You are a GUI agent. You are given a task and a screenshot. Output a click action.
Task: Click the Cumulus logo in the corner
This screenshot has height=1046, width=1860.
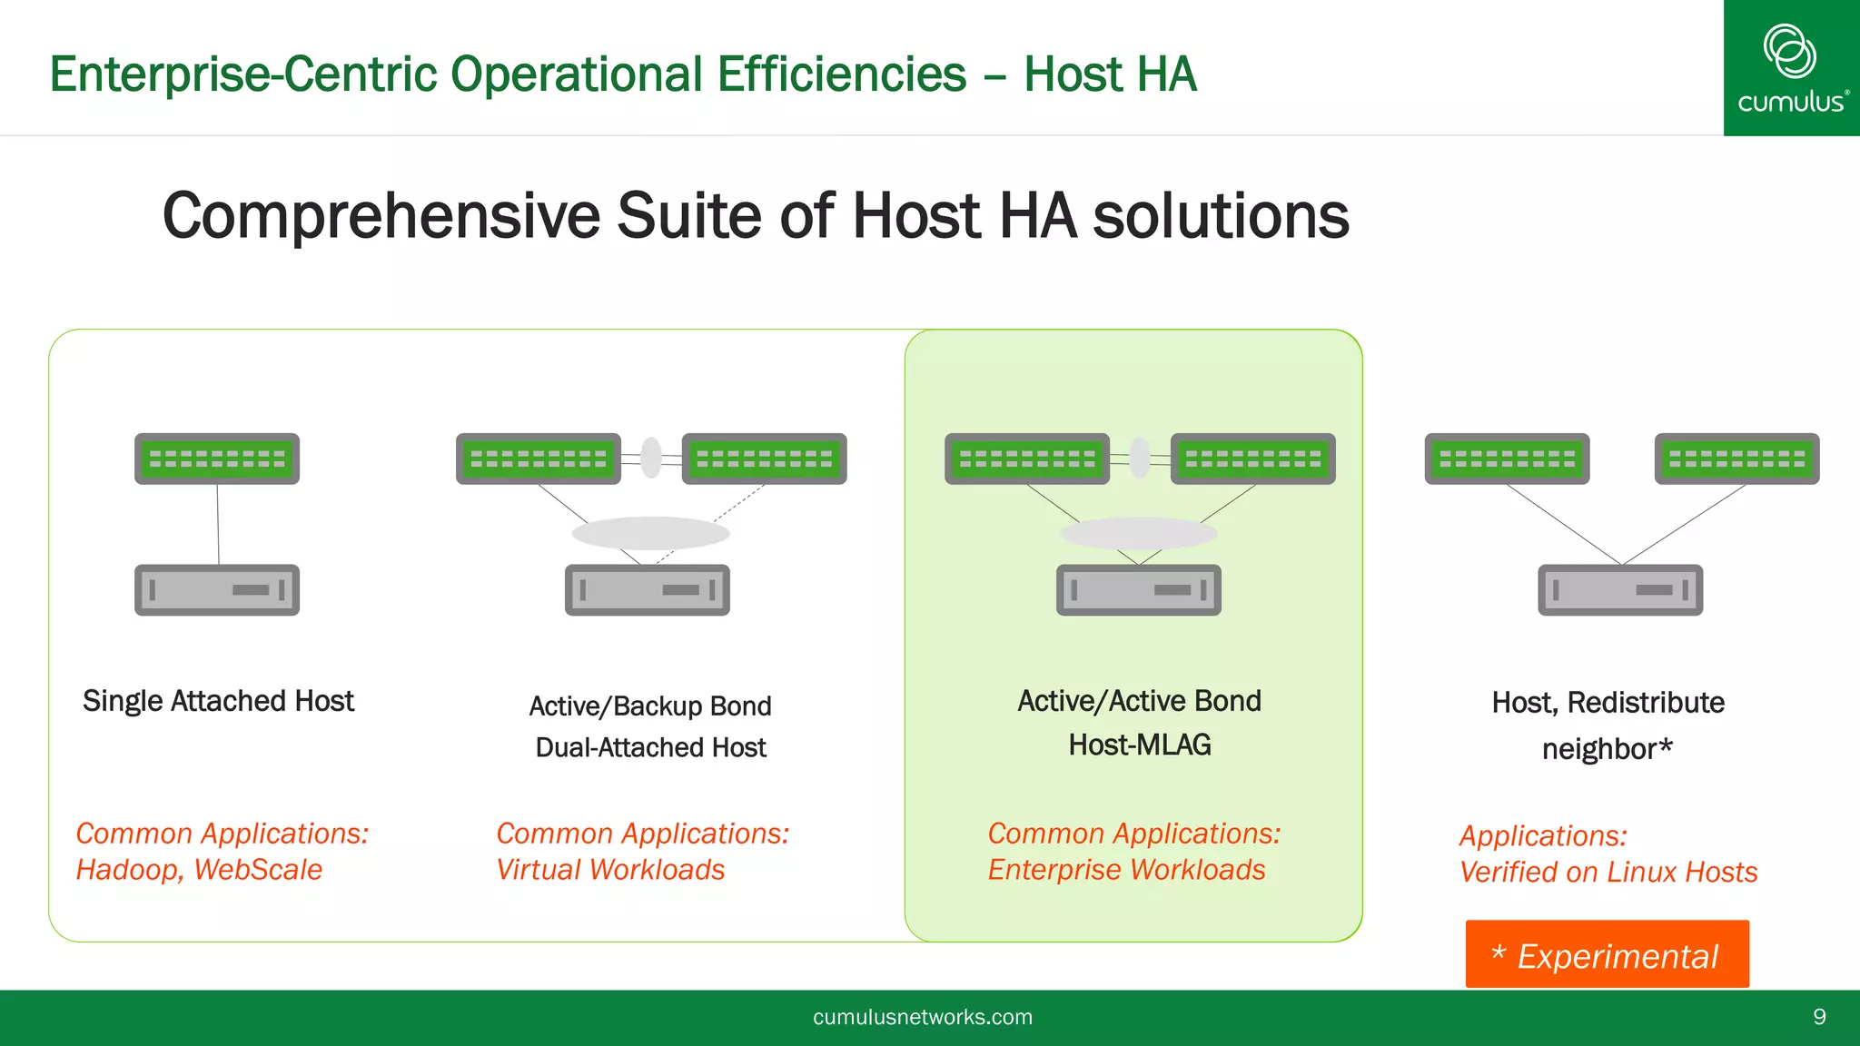1791,68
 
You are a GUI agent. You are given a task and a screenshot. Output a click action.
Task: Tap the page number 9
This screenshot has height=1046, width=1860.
1819,1017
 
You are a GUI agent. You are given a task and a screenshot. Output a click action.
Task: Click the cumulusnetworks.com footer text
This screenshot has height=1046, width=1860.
922,1017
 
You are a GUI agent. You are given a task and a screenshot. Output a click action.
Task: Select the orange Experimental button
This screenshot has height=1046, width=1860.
1606,954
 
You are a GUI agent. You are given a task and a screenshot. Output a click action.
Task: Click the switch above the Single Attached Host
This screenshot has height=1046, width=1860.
217,459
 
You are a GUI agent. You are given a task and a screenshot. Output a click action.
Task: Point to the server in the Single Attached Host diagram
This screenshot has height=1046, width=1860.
217,590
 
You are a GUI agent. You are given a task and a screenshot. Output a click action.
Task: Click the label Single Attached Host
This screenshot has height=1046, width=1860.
218,701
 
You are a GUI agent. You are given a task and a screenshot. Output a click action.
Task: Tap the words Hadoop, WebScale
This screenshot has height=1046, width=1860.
199,870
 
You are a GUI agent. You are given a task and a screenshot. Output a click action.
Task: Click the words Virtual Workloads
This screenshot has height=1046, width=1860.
610,870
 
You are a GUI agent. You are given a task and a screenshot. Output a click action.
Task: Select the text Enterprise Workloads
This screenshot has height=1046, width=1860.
1126,870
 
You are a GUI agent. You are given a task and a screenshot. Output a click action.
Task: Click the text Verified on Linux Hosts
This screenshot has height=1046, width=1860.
1608,872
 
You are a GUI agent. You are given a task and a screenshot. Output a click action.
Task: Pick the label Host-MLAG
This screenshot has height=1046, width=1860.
1139,745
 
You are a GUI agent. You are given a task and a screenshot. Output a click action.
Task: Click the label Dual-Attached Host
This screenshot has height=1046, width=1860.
650,747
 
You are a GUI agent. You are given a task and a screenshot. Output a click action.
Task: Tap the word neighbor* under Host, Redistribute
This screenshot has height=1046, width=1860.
1607,749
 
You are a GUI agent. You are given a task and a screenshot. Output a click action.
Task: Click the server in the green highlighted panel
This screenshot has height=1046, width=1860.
1139,590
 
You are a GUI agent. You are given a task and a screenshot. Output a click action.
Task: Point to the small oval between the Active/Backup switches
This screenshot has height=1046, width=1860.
651,458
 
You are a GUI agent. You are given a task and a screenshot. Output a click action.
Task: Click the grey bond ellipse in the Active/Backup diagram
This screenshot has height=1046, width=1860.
650,533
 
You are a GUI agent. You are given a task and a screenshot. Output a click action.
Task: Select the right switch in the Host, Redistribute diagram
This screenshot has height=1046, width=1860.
1736,459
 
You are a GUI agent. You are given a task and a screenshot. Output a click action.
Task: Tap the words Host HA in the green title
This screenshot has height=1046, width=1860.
1110,74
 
